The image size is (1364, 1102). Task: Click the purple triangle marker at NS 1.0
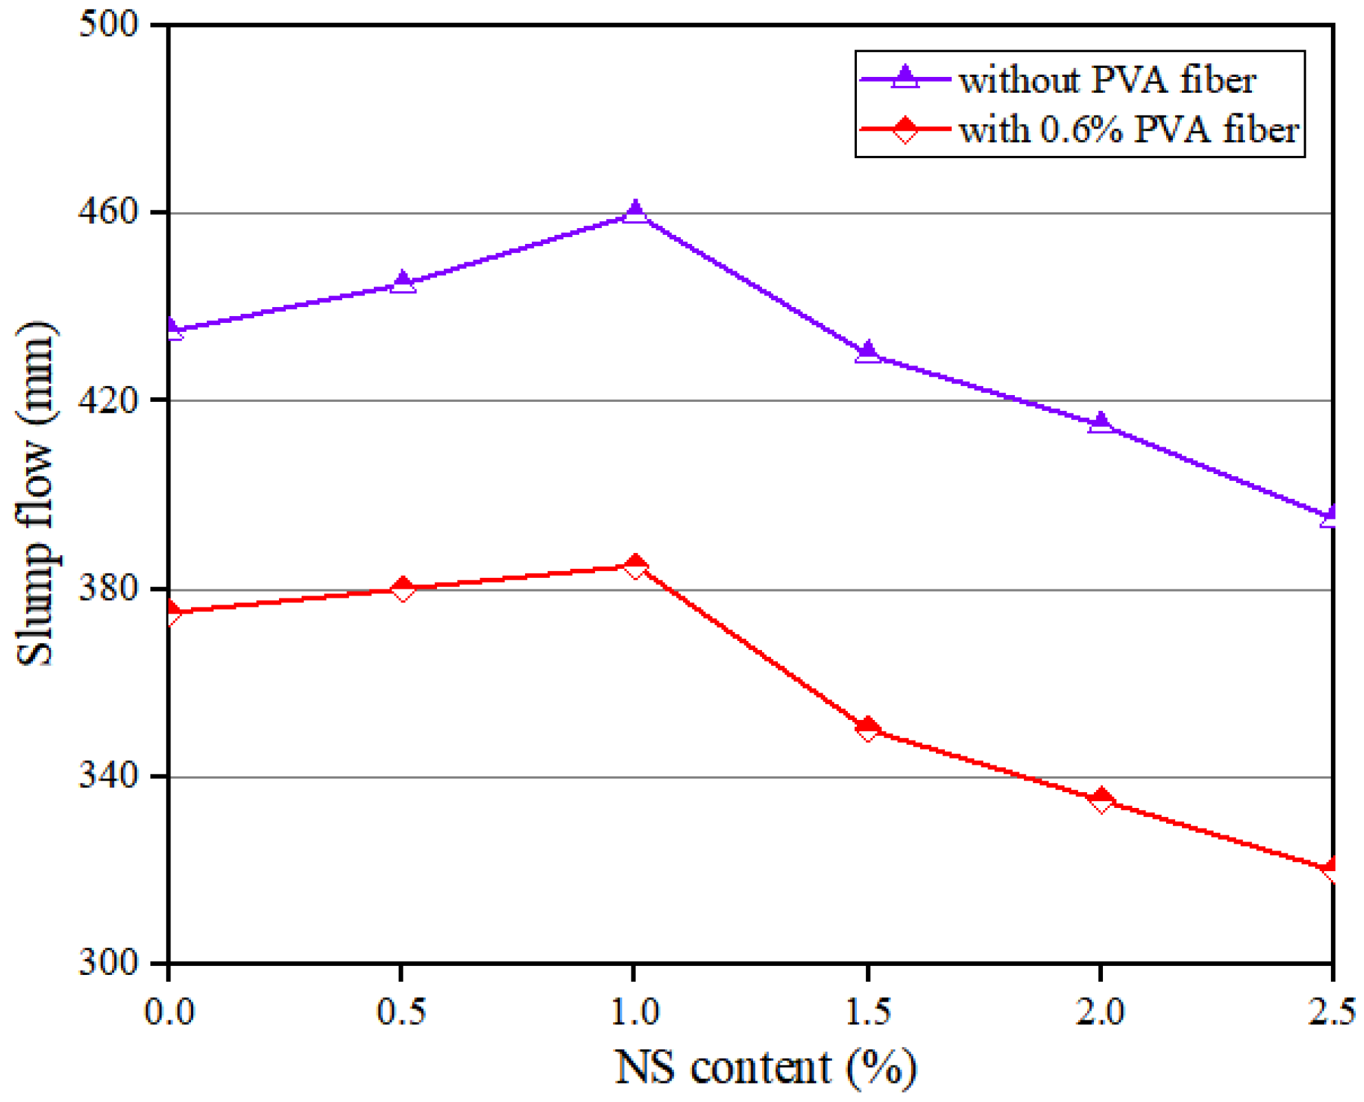635,212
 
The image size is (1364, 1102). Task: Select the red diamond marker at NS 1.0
635,567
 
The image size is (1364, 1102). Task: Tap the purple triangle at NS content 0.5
403,282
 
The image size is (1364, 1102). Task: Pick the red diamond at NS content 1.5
868,728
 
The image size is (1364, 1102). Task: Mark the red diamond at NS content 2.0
1101,800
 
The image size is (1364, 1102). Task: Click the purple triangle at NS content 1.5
868,352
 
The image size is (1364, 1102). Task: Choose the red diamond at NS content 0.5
403,589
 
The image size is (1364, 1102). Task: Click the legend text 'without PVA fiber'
1108,80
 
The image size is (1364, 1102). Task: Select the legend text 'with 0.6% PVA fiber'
1128,129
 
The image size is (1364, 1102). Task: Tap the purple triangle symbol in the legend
905,77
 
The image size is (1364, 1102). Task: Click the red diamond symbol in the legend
905,129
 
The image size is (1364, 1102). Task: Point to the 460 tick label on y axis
109,212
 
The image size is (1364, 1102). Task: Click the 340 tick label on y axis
109,776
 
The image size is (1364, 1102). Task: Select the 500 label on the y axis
109,25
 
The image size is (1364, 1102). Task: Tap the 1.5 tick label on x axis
868,1011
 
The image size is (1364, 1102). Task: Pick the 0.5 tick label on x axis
402,1011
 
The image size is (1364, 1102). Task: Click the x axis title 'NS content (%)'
765,1068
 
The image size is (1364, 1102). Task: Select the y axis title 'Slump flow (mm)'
36,493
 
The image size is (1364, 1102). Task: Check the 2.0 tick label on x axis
1101,1011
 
